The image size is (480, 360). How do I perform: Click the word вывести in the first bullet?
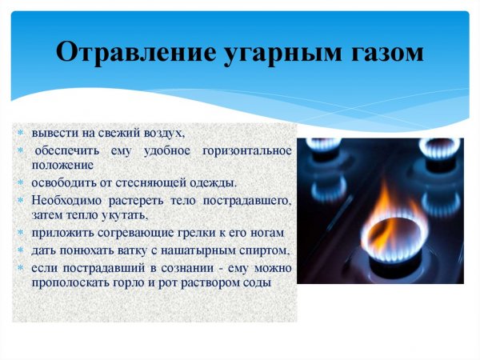pyautogui.click(x=51, y=133)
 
